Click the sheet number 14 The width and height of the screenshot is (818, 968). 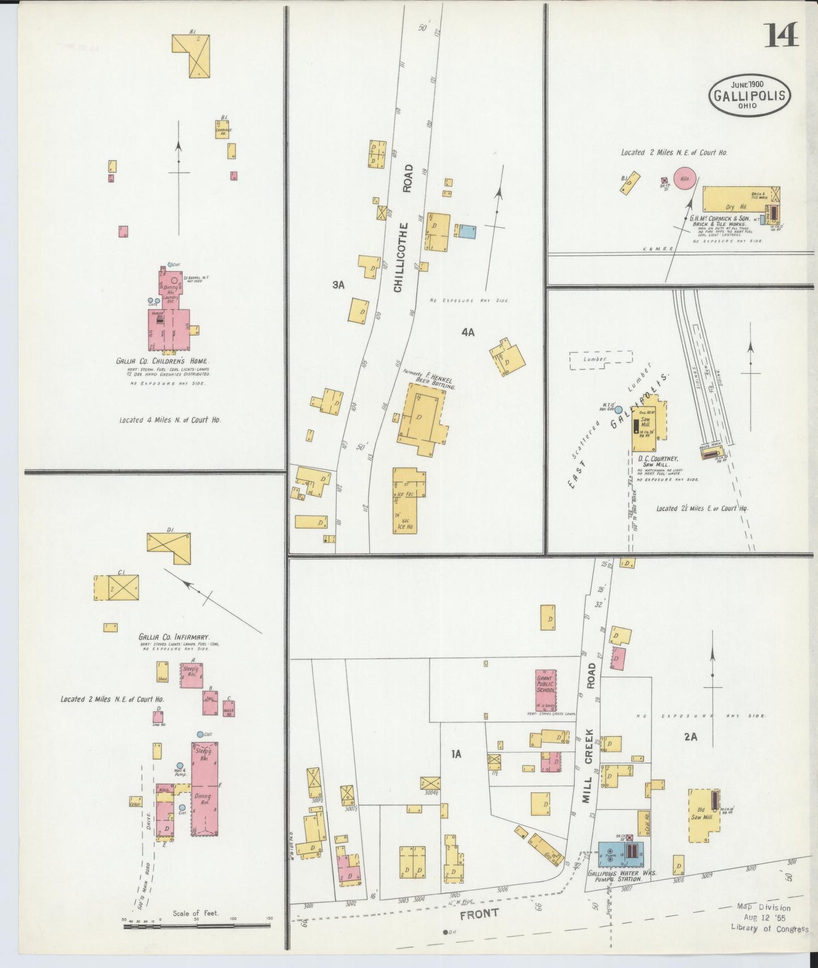pyautogui.click(x=782, y=35)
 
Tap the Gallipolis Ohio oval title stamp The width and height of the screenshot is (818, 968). pyautogui.click(x=750, y=96)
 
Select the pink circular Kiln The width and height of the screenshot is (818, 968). pyautogui.click(x=684, y=179)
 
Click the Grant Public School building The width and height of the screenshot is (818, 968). pyautogui.click(x=546, y=690)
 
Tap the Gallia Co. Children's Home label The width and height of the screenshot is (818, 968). pyautogui.click(x=162, y=361)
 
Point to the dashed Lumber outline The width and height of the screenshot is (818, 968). pyautogui.click(x=601, y=359)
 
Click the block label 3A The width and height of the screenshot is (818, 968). pyautogui.click(x=338, y=285)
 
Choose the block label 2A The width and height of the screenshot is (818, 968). pyautogui.click(x=690, y=737)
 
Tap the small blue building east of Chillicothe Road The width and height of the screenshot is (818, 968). pyautogui.click(x=466, y=231)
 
